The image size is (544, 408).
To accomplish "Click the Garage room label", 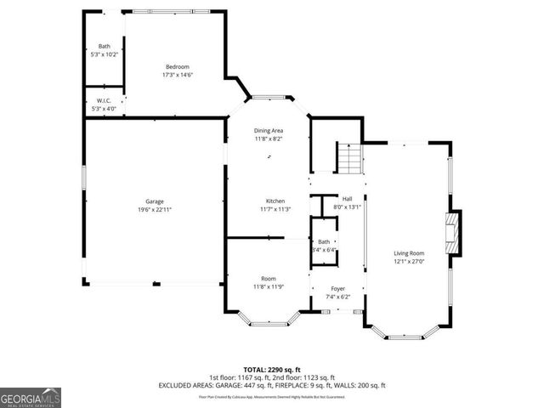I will [154, 201].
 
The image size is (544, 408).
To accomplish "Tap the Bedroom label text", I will [177, 67].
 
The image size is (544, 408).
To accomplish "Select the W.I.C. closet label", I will [104, 101].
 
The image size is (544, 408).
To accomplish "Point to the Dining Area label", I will [269, 130].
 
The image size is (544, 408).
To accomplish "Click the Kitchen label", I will [268, 201].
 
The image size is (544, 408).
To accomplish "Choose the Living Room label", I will [408, 252].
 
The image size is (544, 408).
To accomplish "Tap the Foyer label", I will [337, 289].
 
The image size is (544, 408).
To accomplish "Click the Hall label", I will [347, 198].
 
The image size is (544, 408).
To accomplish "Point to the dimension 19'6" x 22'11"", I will [154, 210].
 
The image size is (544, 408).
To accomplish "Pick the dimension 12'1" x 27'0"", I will [408, 261].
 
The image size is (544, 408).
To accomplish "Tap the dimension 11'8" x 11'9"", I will [269, 287].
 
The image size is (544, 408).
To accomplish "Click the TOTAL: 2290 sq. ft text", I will [271, 369].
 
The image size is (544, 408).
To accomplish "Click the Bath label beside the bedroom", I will [104, 46].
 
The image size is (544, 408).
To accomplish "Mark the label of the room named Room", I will [269, 279].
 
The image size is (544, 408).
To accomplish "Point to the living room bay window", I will [408, 331].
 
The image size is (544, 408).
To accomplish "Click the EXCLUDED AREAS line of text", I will [271, 385].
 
